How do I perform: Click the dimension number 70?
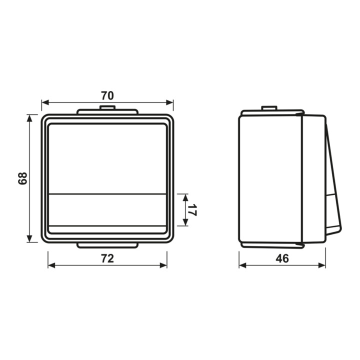pos(107,95)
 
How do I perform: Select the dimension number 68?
pos(22,178)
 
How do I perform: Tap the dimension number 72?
pos(107,258)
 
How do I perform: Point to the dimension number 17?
pos(192,210)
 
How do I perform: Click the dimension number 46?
pos(282,258)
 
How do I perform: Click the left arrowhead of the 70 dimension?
pos(45,102)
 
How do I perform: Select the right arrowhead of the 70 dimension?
pos(169,102)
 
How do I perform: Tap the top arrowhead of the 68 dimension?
pos(29,118)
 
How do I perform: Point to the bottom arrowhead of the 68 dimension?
pos(29,238)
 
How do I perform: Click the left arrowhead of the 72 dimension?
pos(51,265)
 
